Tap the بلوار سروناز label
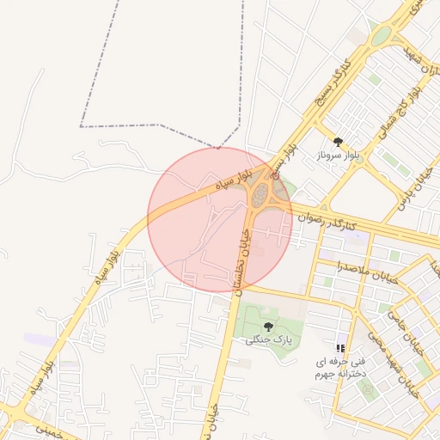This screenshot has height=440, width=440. (338, 156)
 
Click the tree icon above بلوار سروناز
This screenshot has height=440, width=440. (338, 141)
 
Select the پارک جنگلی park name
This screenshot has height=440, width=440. (269, 339)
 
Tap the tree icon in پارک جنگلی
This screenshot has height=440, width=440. (269, 326)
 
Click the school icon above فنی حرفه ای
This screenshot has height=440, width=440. (340, 348)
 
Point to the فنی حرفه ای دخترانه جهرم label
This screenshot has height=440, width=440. (340, 369)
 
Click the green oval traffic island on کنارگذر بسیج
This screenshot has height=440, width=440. (381, 36)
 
